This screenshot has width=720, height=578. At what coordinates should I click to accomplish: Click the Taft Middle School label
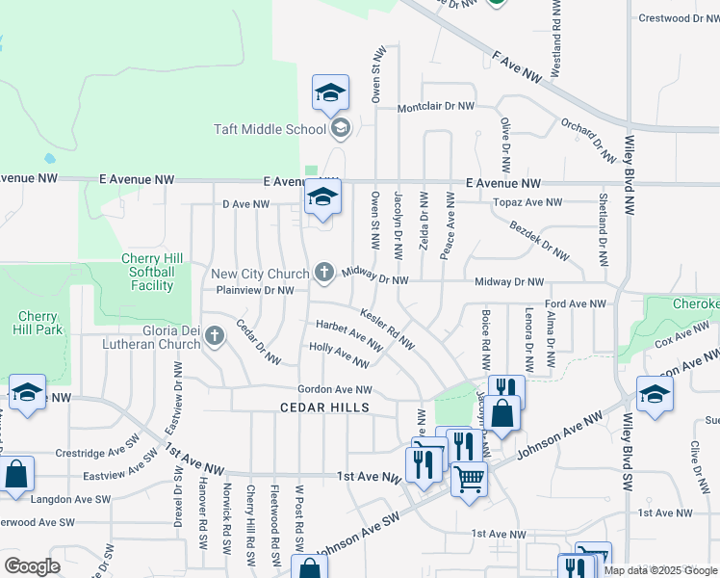click(x=270, y=129)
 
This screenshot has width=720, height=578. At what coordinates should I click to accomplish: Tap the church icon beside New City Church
click(x=324, y=273)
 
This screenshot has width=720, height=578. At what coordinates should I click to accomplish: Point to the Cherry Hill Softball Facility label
click(x=147, y=272)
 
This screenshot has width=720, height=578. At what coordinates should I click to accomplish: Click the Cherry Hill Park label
click(x=39, y=323)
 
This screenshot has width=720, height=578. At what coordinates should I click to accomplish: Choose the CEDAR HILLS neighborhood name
click(x=324, y=407)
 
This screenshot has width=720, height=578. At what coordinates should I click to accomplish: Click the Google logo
click(x=32, y=566)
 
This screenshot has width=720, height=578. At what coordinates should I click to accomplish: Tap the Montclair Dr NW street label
click(x=435, y=106)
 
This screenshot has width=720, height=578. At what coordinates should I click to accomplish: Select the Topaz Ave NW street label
click(x=527, y=202)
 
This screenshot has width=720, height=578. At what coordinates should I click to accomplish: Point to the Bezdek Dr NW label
click(x=540, y=242)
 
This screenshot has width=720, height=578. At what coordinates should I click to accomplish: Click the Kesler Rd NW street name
click(x=387, y=328)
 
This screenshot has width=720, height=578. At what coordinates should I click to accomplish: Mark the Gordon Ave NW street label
click(x=334, y=389)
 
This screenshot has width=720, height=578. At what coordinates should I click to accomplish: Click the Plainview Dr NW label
click(x=254, y=289)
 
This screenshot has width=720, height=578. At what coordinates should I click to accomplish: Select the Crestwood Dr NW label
click(x=678, y=17)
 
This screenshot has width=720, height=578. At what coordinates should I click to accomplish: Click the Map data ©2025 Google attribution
click(x=659, y=570)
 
